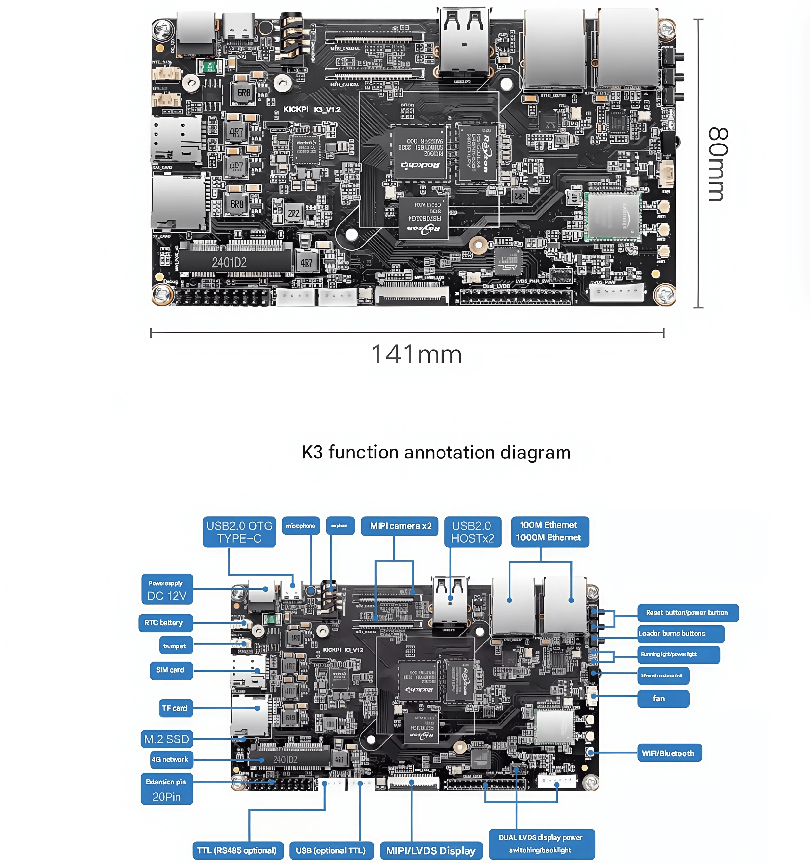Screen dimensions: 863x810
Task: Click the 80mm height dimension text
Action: pos(717,164)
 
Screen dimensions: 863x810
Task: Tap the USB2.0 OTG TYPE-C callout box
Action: pos(239,532)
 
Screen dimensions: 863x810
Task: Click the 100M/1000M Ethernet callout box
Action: pos(549,531)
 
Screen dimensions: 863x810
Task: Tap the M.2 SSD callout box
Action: pos(167,739)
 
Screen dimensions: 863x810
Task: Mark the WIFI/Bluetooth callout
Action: pos(669,753)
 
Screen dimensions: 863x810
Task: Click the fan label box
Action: pos(663,699)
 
